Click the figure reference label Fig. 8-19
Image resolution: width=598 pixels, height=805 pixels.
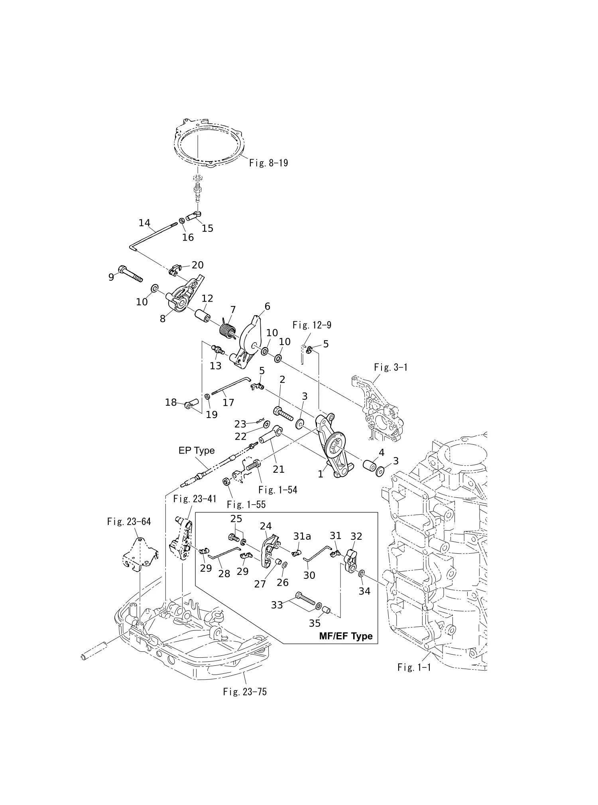pos(268,163)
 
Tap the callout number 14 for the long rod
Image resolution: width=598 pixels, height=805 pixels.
pos(144,223)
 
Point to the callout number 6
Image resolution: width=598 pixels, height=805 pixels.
pos(267,306)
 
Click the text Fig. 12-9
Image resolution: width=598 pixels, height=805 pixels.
pos(312,325)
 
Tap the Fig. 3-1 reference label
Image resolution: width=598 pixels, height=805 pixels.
pos(391,367)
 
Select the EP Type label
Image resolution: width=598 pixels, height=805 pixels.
pos(197,450)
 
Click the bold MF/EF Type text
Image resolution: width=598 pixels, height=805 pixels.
pos(346,636)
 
